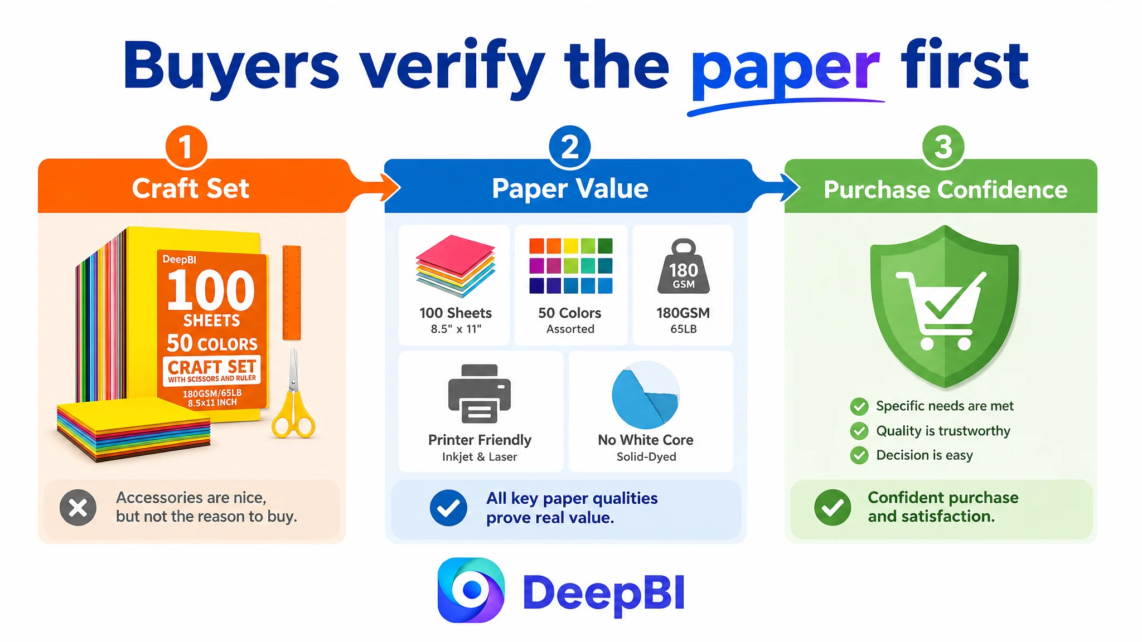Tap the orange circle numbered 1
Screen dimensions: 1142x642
pyautogui.click(x=186, y=147)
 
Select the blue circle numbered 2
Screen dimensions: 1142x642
pyautogui.click(x=569, y=147)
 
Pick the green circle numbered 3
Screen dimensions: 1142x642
pyautogui.click(x=943, y=147)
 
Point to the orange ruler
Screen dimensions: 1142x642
pyautogui.click(x=292, y=293)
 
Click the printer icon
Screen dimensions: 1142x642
pyautogui.click(x=480, y=393)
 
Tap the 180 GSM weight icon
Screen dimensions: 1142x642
pyautogui.click(x=684, y=266)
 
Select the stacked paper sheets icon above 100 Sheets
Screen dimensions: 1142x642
pyautogui.click(x=455, y=266)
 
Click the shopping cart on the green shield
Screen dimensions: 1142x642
pyautogui.click(x=940, y=310)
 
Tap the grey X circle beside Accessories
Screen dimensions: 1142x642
pyautogui.click(x=78, y=508)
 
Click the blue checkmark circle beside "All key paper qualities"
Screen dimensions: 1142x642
pyautogui.click(x=448, y=508)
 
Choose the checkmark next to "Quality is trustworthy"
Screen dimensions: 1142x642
pyautogui.click(x=859, y=431)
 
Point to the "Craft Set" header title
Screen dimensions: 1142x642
pyautogui.click(x=191, y=188)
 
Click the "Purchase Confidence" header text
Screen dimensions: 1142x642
pyautogui.click(x=946, y=189)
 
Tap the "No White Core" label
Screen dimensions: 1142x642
pyautogui.click(x=646, y=440)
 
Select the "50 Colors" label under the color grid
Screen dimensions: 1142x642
pyautogui.click(x=570, y=313)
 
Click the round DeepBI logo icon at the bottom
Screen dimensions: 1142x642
pyautogui.click(x=471, y=590)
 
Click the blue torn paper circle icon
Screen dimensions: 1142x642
pyautogui.click(x=646, y=395)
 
